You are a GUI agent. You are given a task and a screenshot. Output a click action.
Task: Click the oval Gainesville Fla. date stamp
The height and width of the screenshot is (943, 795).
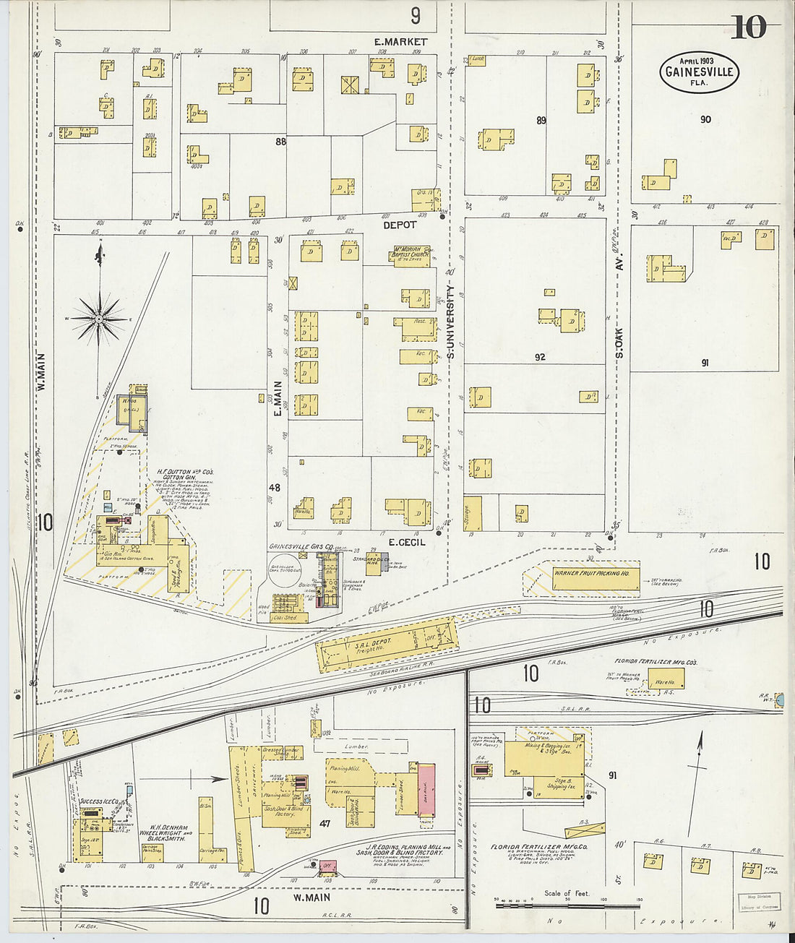[698, 72]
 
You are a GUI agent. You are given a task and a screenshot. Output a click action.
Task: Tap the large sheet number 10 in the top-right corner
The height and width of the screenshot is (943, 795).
[749, 27]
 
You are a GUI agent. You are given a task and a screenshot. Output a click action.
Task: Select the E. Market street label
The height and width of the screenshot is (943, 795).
[400, 42]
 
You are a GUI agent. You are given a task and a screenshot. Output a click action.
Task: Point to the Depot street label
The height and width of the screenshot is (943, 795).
[400, 225]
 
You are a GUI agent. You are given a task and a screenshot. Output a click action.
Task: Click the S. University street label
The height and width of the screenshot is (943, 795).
[450, 322]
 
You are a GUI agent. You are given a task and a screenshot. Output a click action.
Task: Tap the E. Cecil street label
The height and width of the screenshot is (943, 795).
[407, 542]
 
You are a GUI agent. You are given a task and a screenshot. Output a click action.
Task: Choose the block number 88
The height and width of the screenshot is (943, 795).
[280, 142]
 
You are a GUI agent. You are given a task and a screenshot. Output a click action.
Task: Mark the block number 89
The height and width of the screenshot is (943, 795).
[541, 121]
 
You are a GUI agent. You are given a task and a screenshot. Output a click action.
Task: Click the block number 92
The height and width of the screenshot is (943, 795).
[540, 357]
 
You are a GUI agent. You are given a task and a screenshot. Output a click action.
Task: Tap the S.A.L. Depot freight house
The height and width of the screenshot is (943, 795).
[387, 645]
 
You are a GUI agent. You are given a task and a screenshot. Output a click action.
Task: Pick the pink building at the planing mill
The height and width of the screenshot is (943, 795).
[427, 791]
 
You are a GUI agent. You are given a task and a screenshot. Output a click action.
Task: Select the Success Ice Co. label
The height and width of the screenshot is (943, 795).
[100, 801]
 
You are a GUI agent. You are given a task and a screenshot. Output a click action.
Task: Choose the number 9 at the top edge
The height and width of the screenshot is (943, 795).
[415, 15]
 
